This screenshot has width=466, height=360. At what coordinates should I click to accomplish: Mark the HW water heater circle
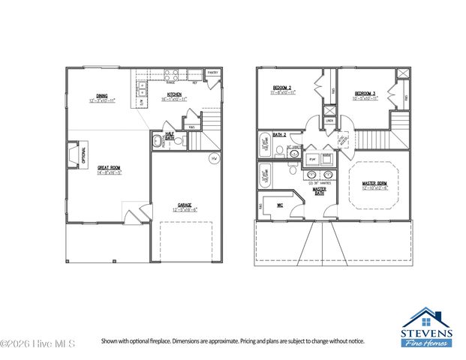(x=213, y=159)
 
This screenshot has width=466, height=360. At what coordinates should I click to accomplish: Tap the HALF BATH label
(x=170, y=138)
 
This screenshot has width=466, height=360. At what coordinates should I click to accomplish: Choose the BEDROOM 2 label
(x=282, y=90)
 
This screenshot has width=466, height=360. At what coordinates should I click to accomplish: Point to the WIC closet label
(x=280, y=204)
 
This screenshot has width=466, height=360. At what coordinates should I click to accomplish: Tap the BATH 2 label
(x=279, y=134)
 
